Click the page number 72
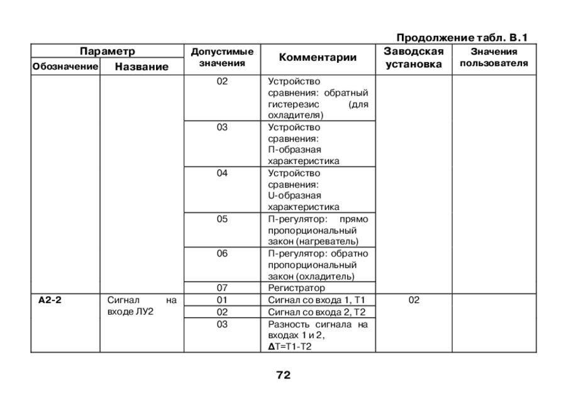click(283, 375)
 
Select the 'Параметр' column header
click(108, 51)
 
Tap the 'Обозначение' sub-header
click(65, 67)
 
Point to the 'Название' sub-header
click(141, 67)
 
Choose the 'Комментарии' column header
click(318, 58)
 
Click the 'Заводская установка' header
click(414, 58)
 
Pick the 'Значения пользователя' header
click(494, 58)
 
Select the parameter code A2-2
click(50, 300)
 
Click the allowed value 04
click(222, 173)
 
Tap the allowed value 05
click(222, 219)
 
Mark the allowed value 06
click(222, 253)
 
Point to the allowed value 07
click(222, 288)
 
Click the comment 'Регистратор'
click(292, 288)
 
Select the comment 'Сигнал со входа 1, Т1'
click(316, 300)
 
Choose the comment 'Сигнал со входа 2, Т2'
click(316, 312)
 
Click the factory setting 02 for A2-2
click(414, 300)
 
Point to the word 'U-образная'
click(294, 195)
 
